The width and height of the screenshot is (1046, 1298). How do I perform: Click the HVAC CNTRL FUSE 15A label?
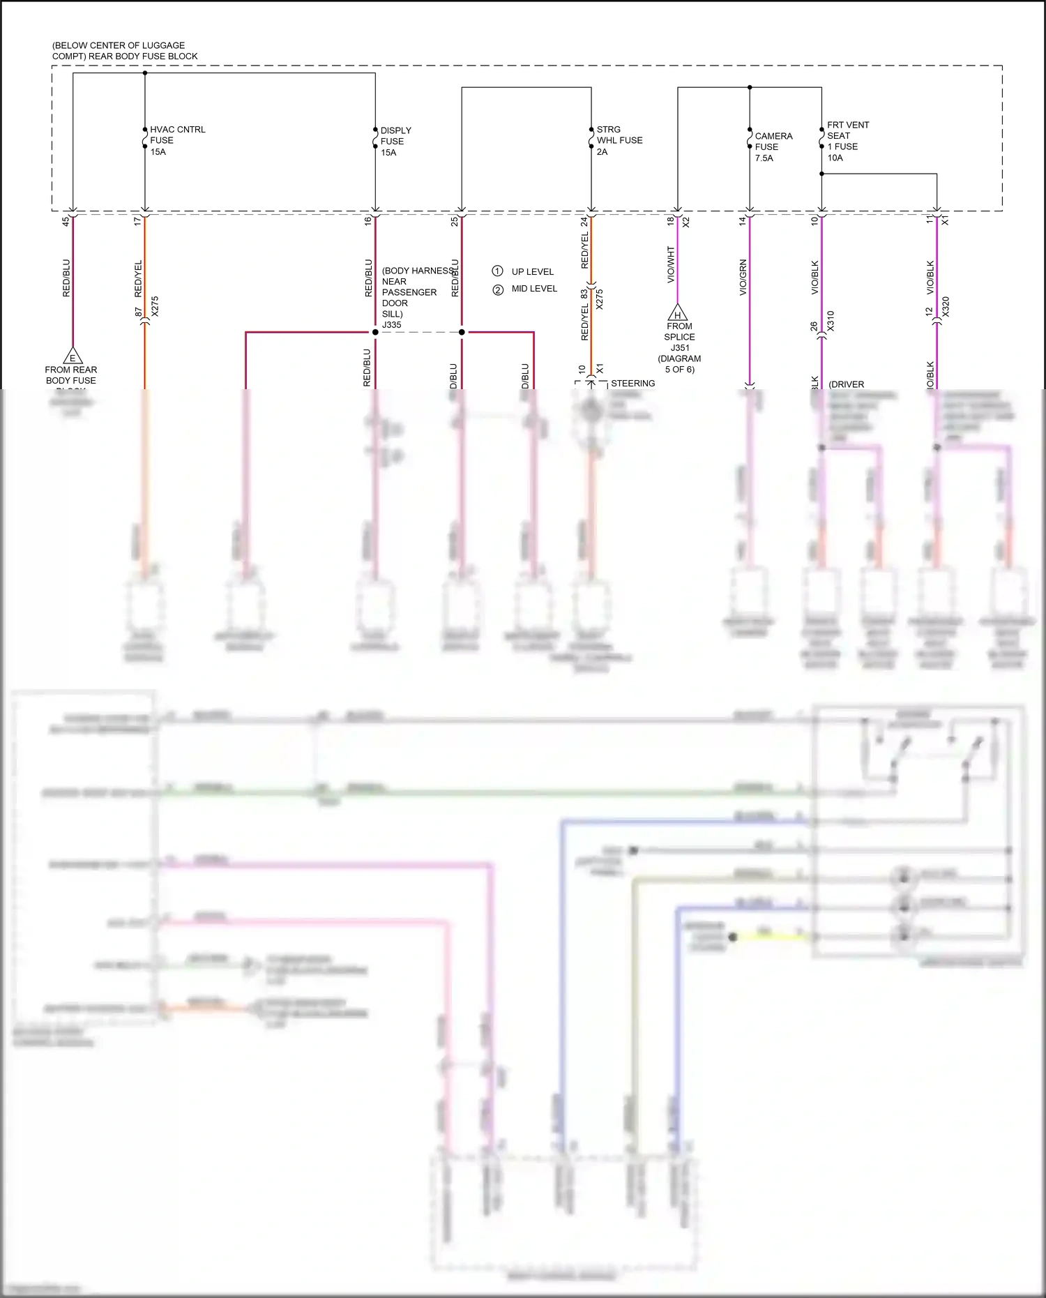click(177, 140)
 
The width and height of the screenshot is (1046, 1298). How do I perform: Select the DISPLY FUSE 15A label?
click(395, 141)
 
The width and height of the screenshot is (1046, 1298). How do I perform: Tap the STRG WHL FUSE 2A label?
click(619, 140)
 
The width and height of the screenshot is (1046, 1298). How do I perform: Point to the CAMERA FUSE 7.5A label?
click(773, 146)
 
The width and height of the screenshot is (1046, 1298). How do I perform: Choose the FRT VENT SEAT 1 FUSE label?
click(847, 141)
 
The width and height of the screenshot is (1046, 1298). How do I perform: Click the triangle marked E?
click(72, 356)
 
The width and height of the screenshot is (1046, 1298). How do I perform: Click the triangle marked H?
click(677, 313)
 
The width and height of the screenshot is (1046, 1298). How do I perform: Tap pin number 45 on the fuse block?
click(66, 221)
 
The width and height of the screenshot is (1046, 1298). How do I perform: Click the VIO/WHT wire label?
click(671, 264)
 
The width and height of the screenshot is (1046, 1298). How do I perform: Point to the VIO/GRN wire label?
click(743, 277)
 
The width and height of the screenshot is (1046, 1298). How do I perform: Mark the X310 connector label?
click(831, 321)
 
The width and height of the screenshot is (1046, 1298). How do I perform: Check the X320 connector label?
click(946, 307)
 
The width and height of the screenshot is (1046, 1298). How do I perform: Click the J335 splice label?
click(391, 324)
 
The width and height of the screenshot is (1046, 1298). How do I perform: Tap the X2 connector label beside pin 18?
click(686, 222)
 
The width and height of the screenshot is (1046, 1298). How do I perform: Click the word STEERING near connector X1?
click(632, 383)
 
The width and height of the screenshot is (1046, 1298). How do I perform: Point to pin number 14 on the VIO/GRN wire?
click(743, 220)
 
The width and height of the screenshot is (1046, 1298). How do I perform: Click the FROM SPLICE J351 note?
click(679, 347)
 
